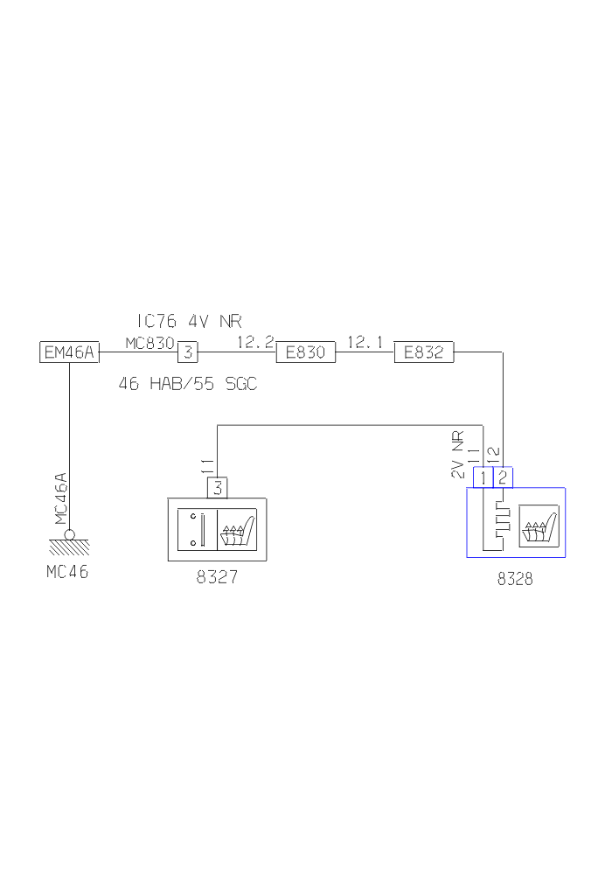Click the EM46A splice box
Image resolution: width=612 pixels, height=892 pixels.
71,352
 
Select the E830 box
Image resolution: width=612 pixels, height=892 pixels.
305,352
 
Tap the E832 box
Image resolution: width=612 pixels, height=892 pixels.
423,352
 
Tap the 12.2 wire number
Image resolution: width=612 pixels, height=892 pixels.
255,342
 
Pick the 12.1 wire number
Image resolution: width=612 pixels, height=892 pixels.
365,342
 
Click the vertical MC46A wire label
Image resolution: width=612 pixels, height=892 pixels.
60,499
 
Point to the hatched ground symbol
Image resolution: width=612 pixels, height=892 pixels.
69,546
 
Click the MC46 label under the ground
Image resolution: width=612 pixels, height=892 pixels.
69,574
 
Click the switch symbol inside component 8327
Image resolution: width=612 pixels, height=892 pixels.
197,529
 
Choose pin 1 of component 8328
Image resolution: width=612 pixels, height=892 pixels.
483,477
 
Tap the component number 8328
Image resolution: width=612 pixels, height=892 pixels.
515,578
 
